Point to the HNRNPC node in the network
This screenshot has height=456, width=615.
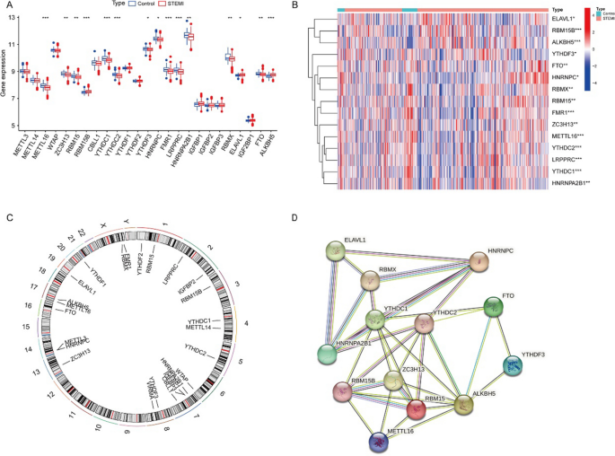(483, 262)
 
